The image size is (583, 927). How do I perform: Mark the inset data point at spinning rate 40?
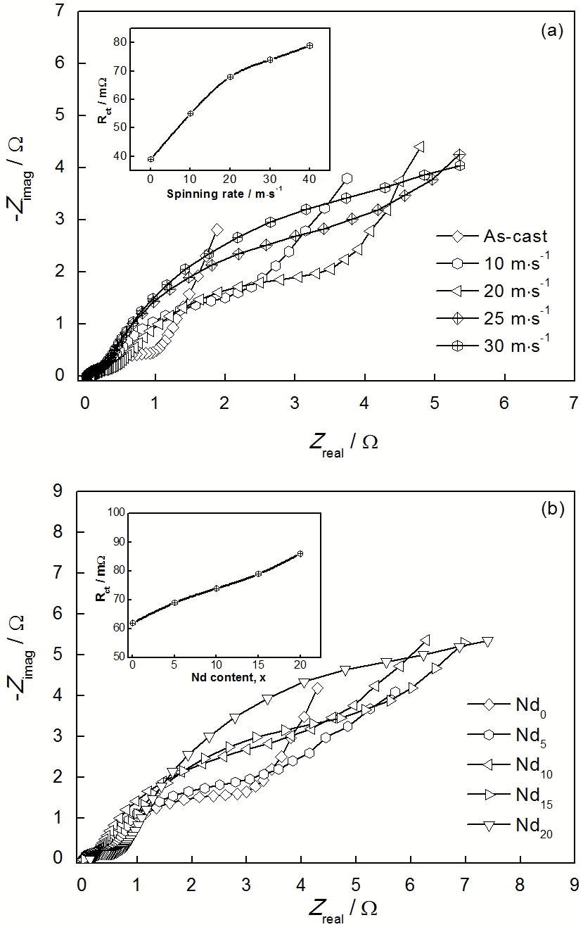point(309,46)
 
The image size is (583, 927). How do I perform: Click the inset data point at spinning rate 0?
point(150,159)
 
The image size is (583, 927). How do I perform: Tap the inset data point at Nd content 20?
point(300,554)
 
